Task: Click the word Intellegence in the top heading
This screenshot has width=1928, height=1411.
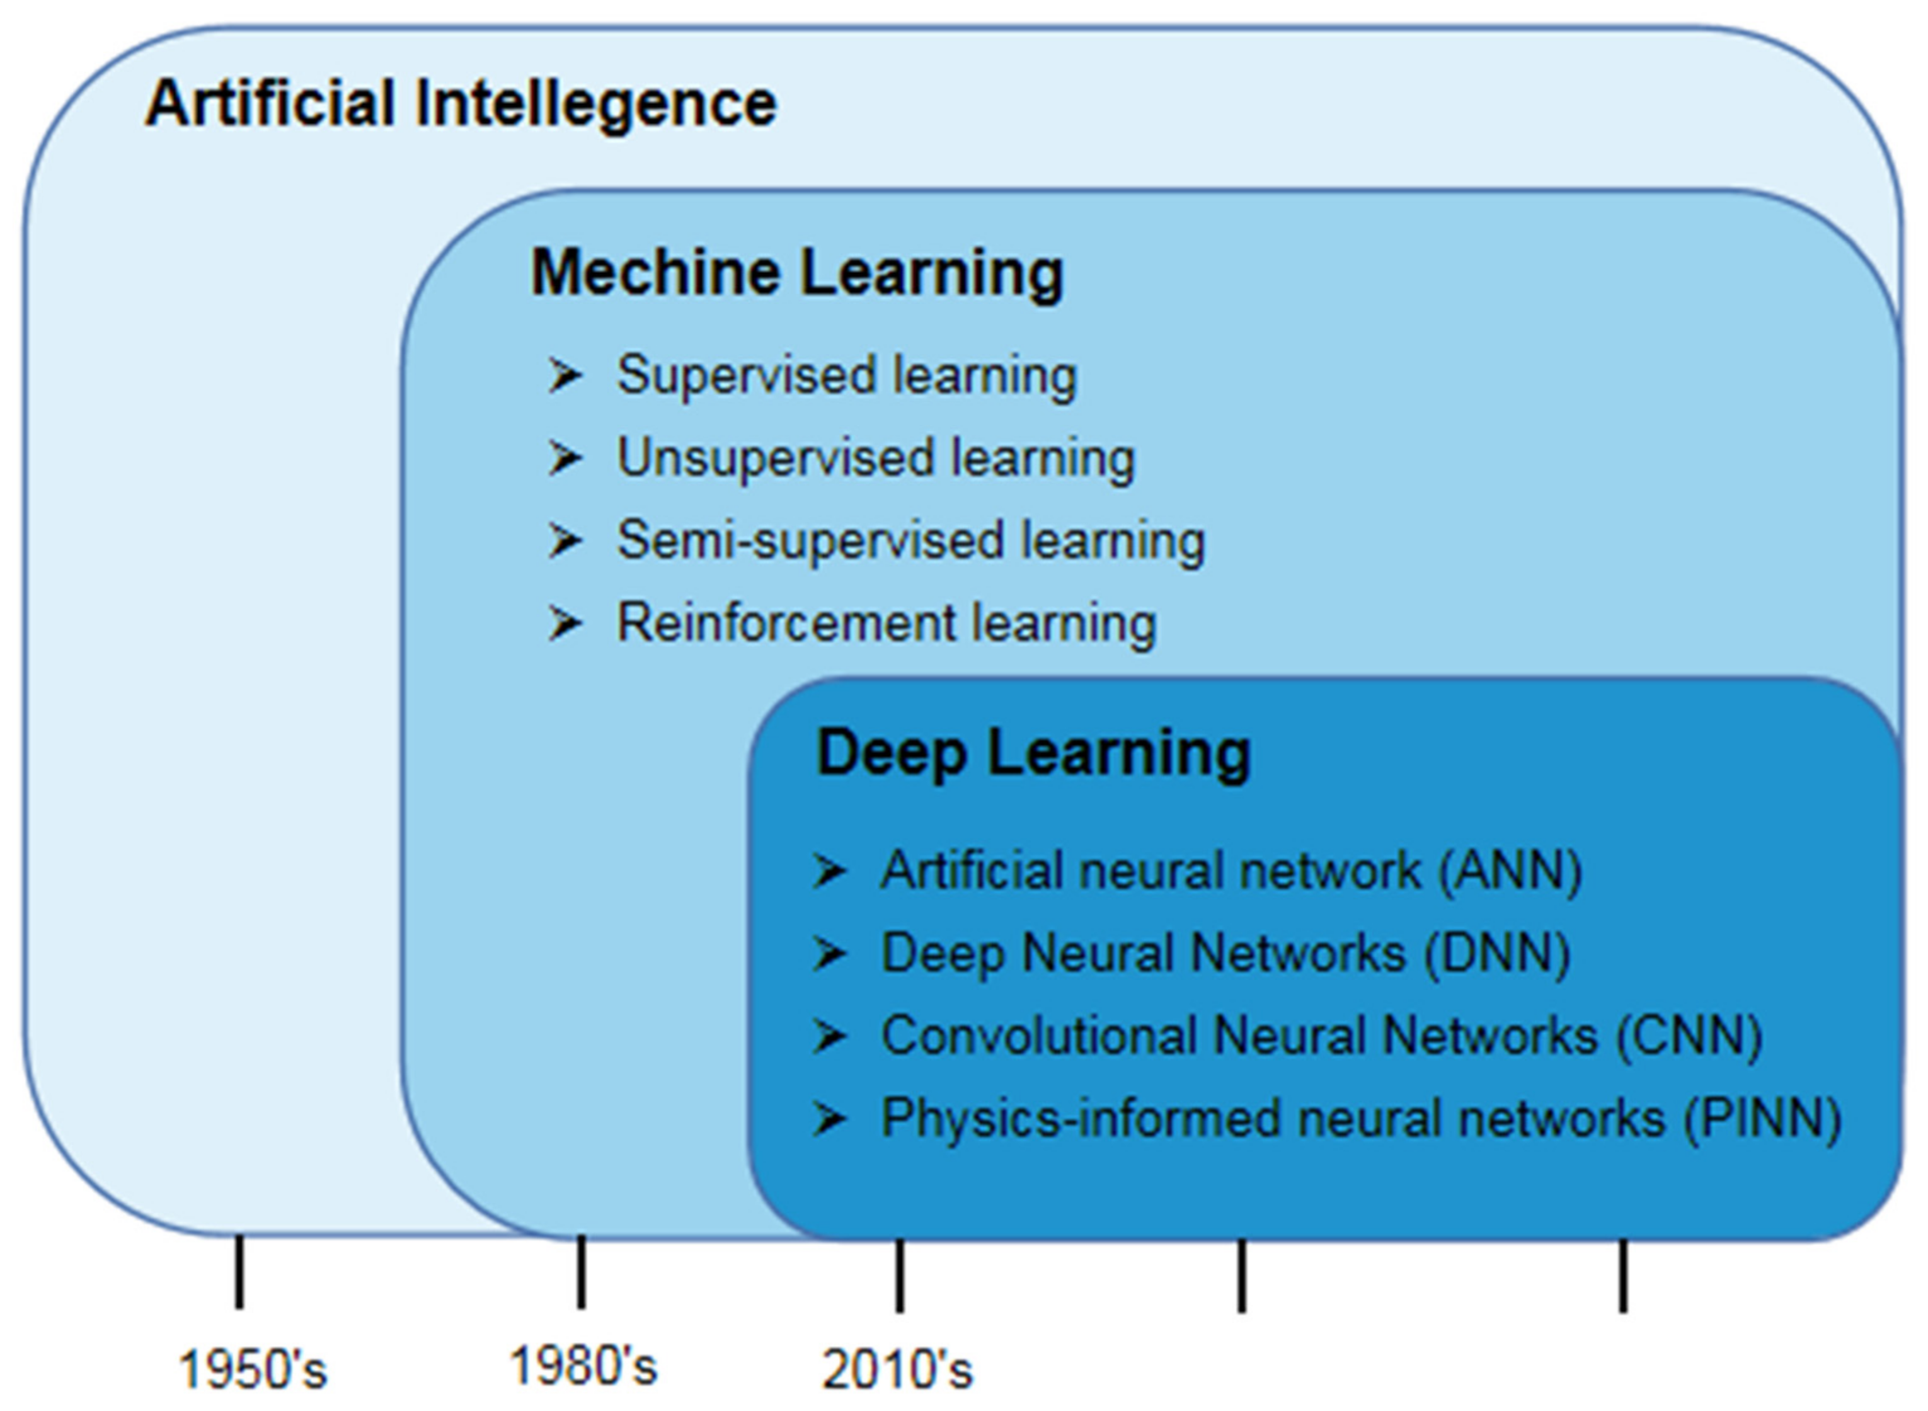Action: (596, 104)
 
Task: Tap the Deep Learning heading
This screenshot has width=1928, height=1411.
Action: (1033, 753)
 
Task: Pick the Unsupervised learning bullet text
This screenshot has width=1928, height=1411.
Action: (876, 459)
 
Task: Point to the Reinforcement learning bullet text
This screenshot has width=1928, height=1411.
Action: (887, 622)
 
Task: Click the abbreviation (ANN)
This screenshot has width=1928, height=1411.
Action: (1510, 871)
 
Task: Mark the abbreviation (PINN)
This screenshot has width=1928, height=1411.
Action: (1762, 1119)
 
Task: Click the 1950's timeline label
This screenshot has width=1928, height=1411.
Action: (253, 1370)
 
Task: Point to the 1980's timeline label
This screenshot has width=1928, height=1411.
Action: (583, 1366)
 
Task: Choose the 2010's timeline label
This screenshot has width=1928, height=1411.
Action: (897, 1370)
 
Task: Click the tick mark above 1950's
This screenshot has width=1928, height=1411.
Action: (240, 1272)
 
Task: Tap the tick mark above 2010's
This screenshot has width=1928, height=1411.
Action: (900, 1274)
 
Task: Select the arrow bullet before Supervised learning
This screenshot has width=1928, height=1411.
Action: (565, 376)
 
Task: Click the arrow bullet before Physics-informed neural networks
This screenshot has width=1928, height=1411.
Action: (829, 1119)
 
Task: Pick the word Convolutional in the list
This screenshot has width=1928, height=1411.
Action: (1038, 1036)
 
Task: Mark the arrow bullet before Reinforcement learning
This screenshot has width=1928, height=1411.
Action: (565, 622)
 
